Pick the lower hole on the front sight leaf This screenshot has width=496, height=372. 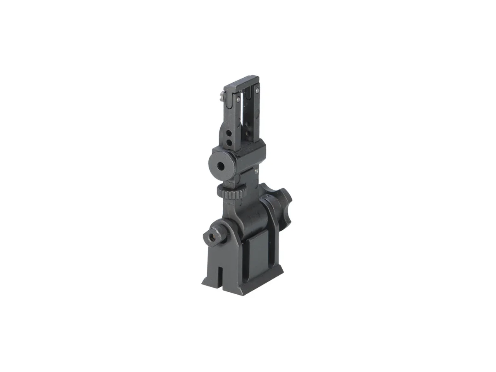[230, 143]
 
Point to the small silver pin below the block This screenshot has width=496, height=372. [258, 169]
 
